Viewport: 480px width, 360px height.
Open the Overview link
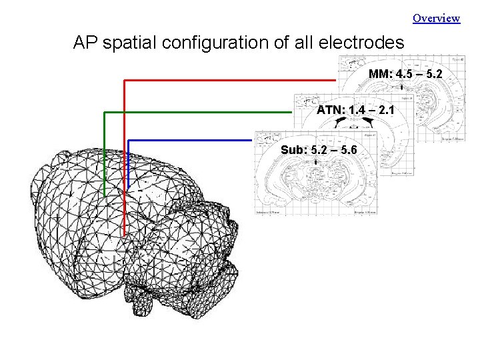coord(436,18)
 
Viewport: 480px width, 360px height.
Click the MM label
coord(380,73)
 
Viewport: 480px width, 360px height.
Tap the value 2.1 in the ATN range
coord(387,109)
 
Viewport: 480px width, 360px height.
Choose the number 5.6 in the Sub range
coord(347,150)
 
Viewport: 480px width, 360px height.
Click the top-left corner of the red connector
coord(125,80)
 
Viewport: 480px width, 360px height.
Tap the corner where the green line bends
coord(105,113)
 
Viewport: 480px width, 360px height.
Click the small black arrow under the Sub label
coord(314,162)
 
